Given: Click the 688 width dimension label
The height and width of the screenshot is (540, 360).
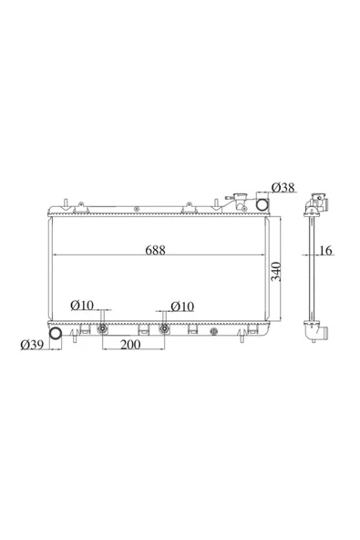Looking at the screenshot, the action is tap(155, 250).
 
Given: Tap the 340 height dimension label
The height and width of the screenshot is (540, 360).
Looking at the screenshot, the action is tap(276, 272).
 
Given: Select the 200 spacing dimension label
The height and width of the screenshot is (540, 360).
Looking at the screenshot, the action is tap(130, 344).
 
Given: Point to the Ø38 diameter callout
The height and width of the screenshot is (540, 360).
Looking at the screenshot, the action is tap(283, 188).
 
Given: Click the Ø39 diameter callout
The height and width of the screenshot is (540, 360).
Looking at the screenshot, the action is tap(32, 345).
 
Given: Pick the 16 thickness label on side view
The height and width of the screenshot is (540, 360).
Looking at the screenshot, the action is tap(325, 250).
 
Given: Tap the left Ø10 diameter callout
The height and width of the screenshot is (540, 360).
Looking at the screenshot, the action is tap(82, 306).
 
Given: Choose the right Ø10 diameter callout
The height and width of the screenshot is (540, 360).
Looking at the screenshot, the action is tap(182, 306).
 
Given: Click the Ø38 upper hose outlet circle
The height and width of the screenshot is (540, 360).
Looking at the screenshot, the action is tap(262, 204).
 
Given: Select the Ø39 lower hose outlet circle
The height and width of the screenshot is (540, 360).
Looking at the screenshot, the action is tap(55, 333).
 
